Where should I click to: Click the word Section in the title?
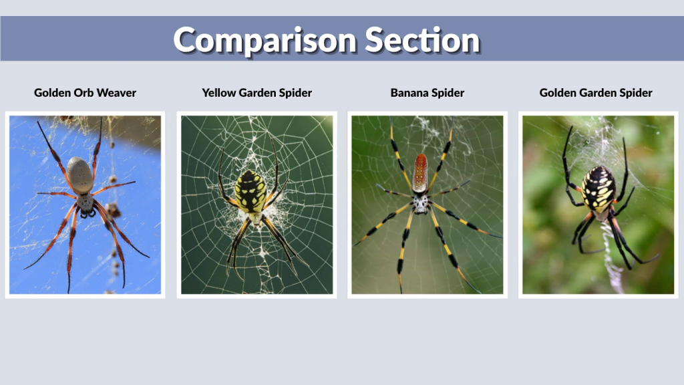point(423,40)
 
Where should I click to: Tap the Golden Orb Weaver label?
point(85,93)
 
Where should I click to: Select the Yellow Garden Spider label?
point(256,93)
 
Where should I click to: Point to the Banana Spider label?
point(427,93)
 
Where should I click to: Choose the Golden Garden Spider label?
point(596,93)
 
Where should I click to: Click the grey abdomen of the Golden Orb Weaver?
point(80,175)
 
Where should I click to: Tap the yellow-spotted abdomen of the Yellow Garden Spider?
point(251,190)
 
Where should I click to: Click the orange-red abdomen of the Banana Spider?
point(420,173)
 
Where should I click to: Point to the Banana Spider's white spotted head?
point(420,203)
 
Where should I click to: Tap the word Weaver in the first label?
point(117,93)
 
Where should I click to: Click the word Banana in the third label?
point(409,93)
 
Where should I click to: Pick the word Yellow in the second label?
point(219,93)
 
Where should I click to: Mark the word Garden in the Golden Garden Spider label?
point(598,93)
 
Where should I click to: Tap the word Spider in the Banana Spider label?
point(448,93)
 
